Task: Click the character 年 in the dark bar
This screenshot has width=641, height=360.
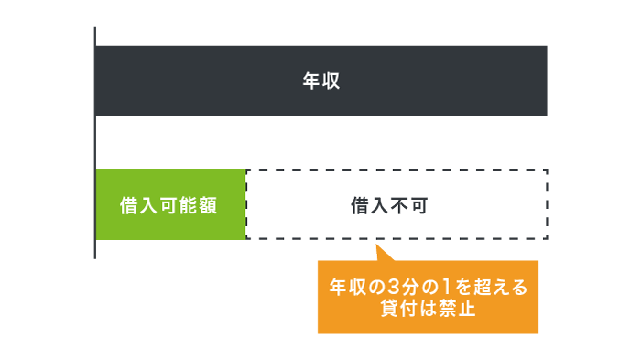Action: point(311,81)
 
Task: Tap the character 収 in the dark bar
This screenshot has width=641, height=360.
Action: point(331,81)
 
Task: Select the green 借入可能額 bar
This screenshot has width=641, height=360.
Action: point(170,204)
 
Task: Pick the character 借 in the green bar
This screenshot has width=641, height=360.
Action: point(130,205)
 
